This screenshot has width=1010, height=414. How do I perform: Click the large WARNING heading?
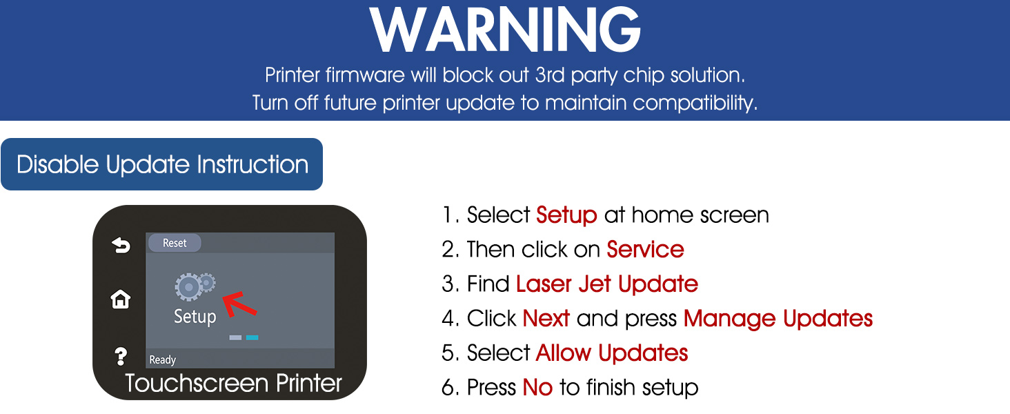tap(505, 30)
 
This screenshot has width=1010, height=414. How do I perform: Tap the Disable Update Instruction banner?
tap(162, 164)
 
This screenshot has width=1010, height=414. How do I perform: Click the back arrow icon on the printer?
tap(121, 246)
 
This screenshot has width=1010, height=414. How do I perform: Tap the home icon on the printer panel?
tap(121, 299)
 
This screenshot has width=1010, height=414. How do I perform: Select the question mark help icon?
tap(121, 356)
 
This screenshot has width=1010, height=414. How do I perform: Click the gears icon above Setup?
tap(195, 286)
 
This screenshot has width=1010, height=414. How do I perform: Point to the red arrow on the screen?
tap(239, 304)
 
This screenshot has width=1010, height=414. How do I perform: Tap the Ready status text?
tap(162, 360)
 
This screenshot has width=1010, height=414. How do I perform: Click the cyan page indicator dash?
tap(252, 337)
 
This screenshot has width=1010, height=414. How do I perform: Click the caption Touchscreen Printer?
tap(233, 384)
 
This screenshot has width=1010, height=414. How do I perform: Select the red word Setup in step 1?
tap(567, 215)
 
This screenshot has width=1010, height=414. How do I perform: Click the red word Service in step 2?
tap(645, 249)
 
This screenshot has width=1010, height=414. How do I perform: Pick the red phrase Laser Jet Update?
tap(607, 284)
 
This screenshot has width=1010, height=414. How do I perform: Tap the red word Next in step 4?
tap(546, 318)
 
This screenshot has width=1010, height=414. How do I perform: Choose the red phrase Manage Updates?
tap(778, 319)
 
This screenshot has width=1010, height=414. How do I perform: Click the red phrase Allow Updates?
tap(612, 353)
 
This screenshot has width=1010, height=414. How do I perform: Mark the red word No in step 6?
tap(537, 387)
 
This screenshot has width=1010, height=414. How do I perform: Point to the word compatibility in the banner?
tap(695, 103)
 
